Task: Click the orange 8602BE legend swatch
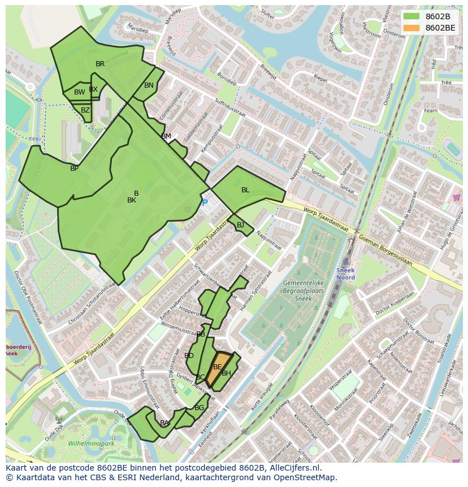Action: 411,28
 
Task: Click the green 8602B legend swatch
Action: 411,16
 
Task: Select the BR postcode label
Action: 100,64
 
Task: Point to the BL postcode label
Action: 245,190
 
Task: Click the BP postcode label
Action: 74,169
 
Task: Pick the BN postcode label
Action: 149,85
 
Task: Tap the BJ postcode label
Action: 241,225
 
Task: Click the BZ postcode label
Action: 85,110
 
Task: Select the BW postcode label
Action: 79,92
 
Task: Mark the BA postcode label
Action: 164,423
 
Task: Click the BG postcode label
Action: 199,407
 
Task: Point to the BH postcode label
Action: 226,373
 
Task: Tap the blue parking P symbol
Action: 205,202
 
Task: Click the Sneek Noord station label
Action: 345,274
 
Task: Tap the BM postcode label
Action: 166,136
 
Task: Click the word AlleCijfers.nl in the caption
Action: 293,468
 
